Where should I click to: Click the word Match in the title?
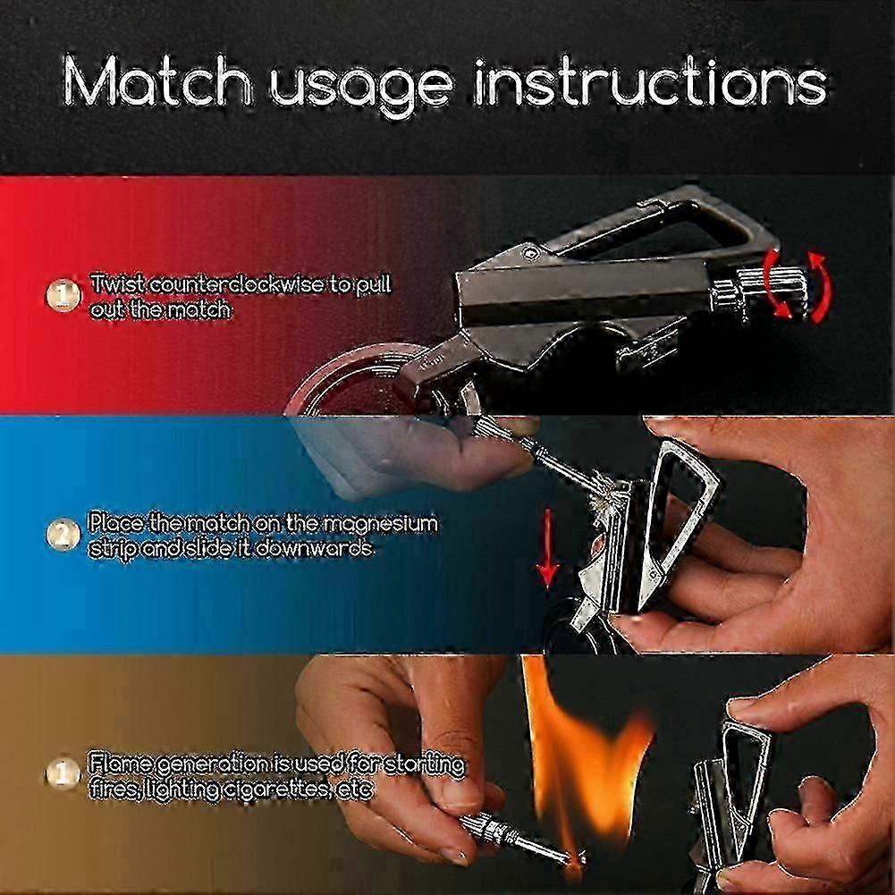pos(156,81)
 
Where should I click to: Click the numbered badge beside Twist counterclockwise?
pos(62,296)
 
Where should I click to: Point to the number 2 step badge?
pos(62,536)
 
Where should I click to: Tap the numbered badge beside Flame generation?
pos(62,776)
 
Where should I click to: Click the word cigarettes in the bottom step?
pos(273,789)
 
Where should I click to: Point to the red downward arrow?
pos(547,549)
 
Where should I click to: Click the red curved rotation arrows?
pos(797,286)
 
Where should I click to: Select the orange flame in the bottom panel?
pos(588,759)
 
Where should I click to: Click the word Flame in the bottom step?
pos(120,764)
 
